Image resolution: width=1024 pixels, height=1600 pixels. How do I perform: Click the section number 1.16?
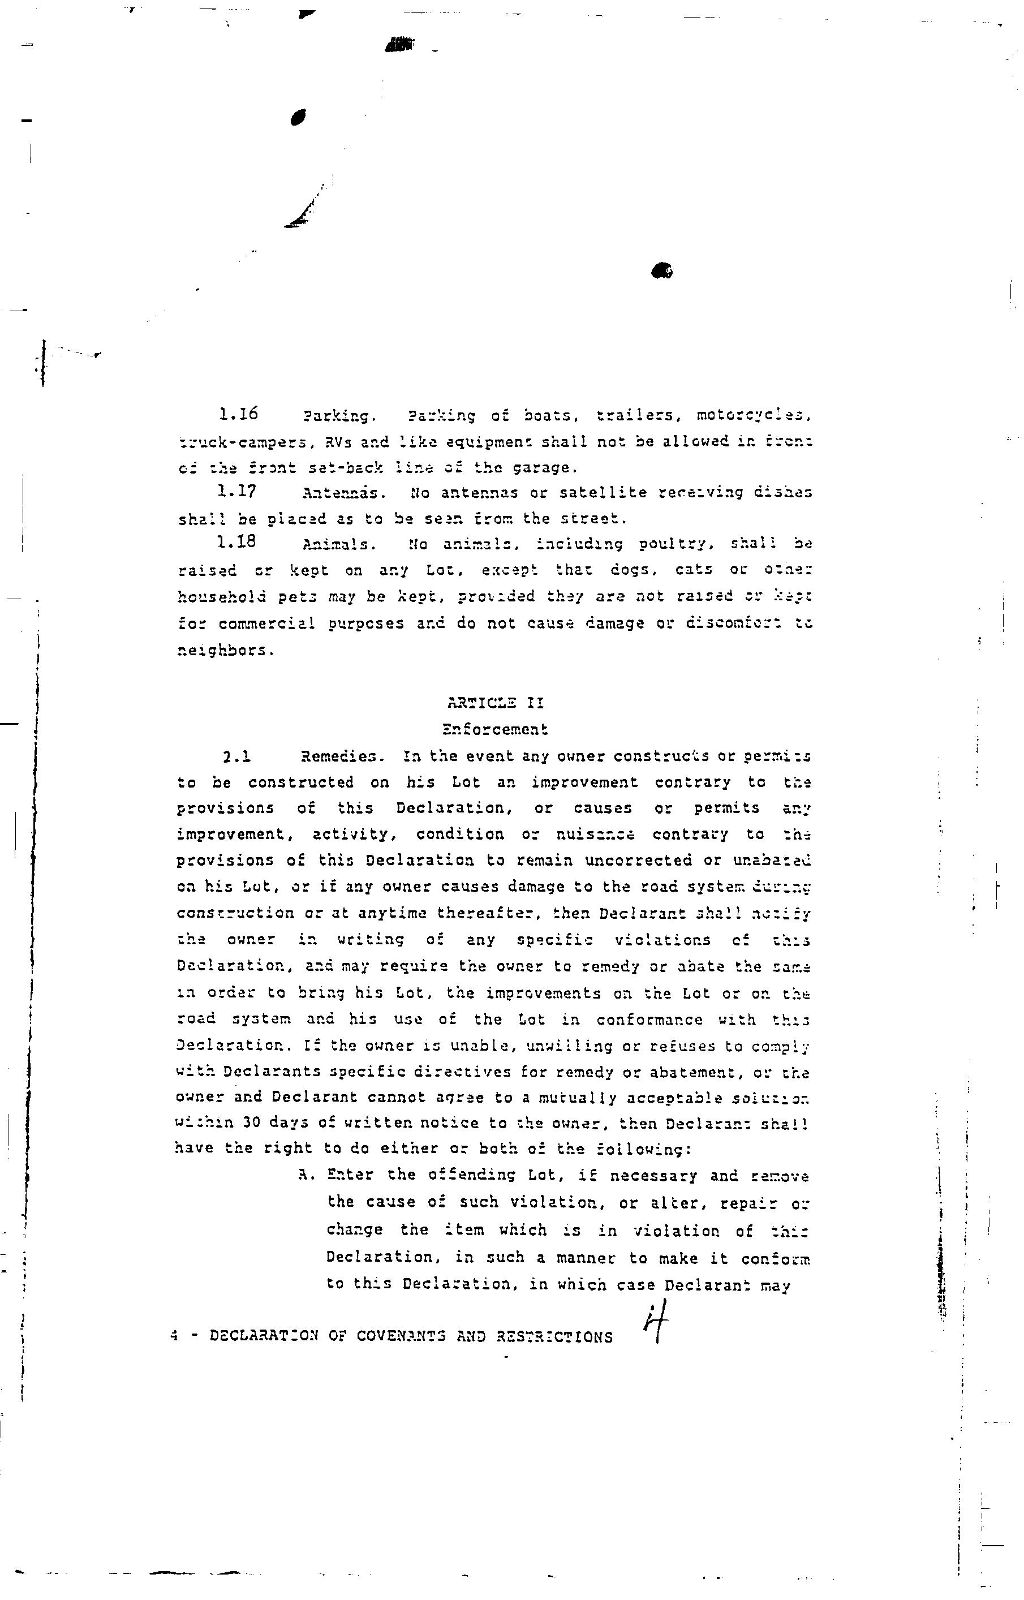(238, 414)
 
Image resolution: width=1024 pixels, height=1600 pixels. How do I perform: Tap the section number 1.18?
(236, 542)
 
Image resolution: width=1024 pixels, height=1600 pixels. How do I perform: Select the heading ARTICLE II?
(496, 702)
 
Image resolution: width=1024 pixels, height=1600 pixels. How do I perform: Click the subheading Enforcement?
(496, 729)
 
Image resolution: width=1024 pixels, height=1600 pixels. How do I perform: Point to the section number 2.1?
(236, 756)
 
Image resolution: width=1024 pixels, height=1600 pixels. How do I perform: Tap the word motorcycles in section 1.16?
(754, 416)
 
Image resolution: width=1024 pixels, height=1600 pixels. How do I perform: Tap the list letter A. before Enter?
(307, 1175)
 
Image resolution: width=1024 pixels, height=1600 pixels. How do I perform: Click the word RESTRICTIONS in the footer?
(554, 1337)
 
